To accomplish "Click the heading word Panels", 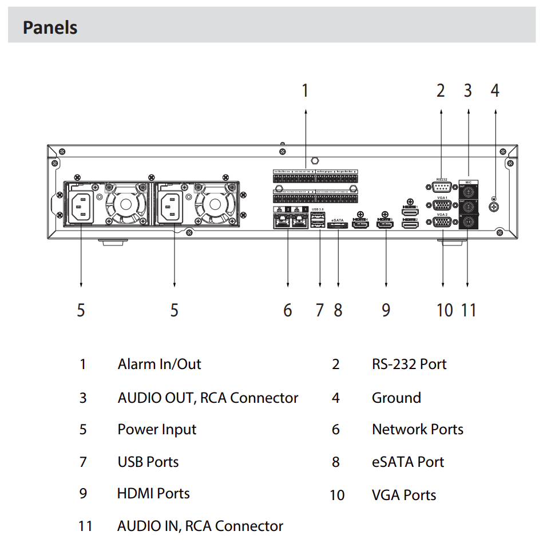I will point(50,27).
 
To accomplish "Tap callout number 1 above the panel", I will point(305,90).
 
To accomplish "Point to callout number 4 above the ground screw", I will point(495,90).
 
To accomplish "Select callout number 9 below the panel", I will point(386,310).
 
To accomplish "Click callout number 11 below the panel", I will point(469,310).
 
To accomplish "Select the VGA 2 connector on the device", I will point(442,224).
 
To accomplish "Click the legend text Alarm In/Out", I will point(159,364).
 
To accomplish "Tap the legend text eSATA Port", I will point(407,462).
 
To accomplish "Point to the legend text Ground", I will point(396,398).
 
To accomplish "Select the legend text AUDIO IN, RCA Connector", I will point(200,526).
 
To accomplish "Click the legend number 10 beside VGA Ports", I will point(337,495).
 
